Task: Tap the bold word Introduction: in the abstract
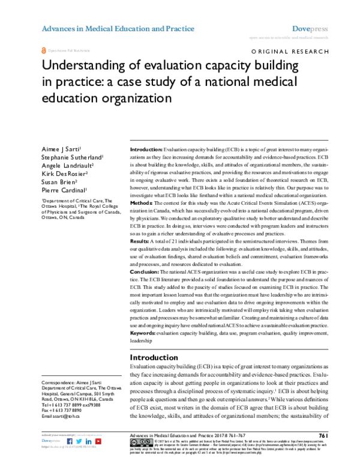(x=146, y=148)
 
